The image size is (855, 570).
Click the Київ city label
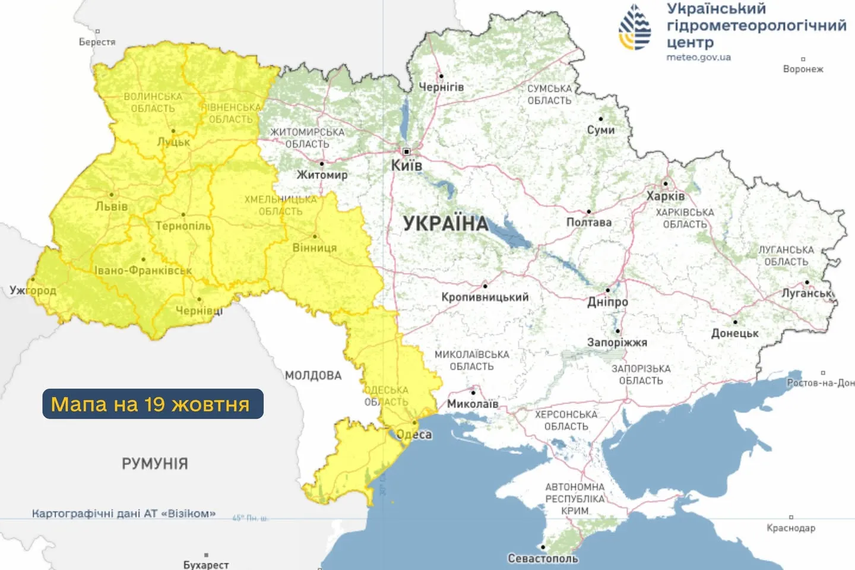tap(406, 166)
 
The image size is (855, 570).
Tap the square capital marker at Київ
tap(407, 152)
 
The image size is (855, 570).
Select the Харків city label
tap(666, 196)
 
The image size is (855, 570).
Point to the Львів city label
tap(112, 207)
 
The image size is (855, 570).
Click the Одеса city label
tap(414, 435)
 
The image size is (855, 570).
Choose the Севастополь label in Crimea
tap(543, 558)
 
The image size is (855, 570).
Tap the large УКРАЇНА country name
tap(446, 224)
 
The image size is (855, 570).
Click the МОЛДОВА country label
tap(313, 375)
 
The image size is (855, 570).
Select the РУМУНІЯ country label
tap(155, 464)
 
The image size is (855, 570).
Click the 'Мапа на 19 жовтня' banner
tap(153, 404)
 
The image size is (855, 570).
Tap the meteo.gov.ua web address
tap(698, 58)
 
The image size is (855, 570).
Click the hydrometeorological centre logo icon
tap(635, 27)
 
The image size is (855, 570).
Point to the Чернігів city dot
tap(441, 76)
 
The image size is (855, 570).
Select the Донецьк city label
tap(735, 334)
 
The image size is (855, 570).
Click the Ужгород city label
tap(33, 290)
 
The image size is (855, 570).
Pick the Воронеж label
tap(803, 69)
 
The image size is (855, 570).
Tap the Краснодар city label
tap(791, 528)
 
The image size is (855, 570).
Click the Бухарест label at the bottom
tap(206, 564)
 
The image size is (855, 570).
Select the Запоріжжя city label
tap(617, 343)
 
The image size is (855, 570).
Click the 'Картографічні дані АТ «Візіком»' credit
tap(123, 513)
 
